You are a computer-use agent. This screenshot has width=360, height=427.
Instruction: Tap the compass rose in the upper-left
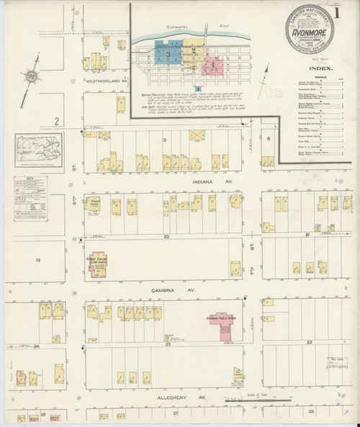click(31, 76)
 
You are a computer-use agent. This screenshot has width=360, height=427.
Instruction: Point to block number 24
click(35, 346)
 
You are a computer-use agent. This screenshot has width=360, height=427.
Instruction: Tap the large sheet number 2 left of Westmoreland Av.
click(55, 122)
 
